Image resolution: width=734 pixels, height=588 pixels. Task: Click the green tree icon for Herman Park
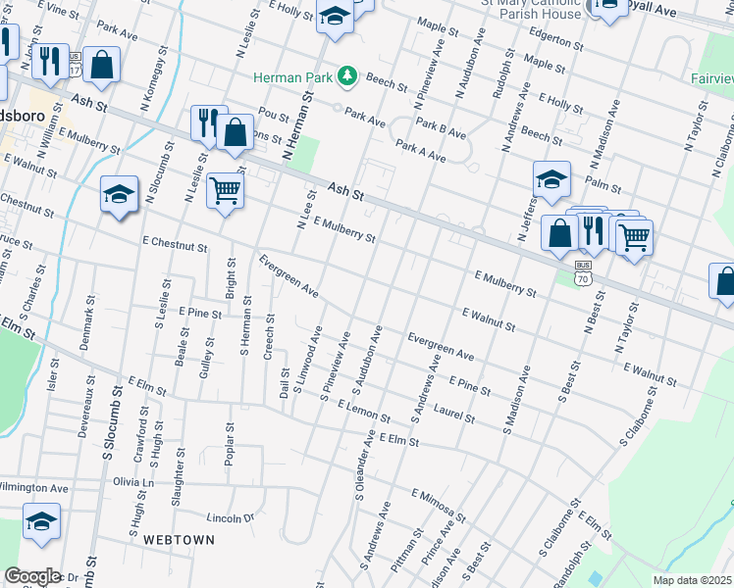(x=345, y=75)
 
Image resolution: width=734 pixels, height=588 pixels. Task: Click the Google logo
(x=31, y=576)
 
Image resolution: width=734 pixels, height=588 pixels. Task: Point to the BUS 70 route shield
(x=583, y=272)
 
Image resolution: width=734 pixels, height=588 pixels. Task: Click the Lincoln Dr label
(x=231, y=517)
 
